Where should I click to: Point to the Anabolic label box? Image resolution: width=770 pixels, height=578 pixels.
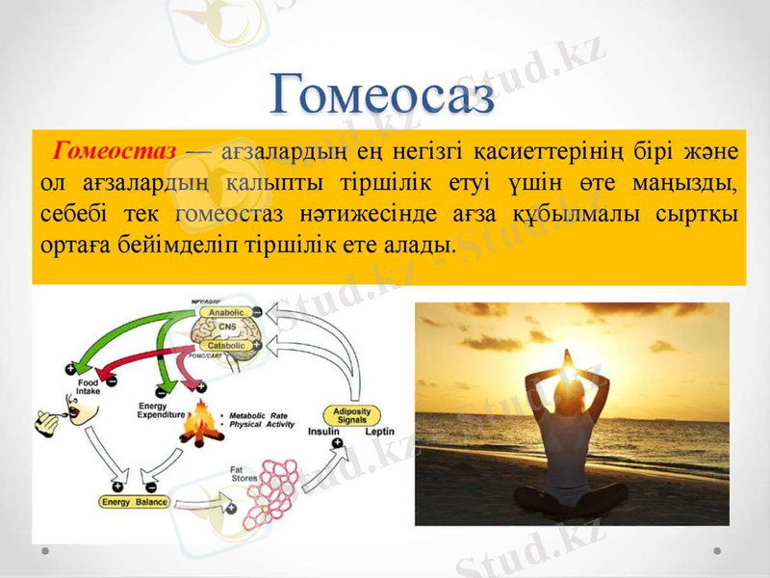point(228,313)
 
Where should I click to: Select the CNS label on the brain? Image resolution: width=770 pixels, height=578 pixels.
point(228,328)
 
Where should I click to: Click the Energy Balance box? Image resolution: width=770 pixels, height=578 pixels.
point(135,502)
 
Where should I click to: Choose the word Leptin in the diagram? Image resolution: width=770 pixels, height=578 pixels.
point(380,432)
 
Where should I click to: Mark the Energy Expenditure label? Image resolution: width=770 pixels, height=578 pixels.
point(160,410)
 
